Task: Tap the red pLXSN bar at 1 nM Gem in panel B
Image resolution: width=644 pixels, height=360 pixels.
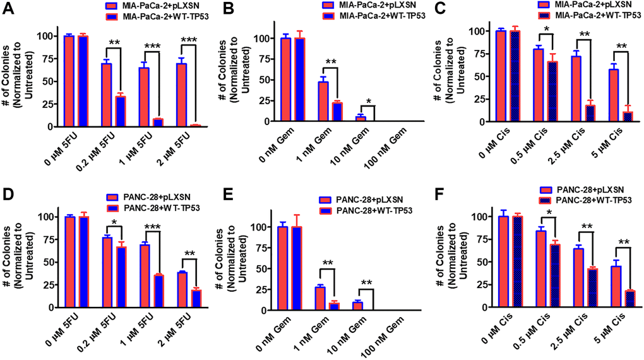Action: (x=322, y=101)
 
